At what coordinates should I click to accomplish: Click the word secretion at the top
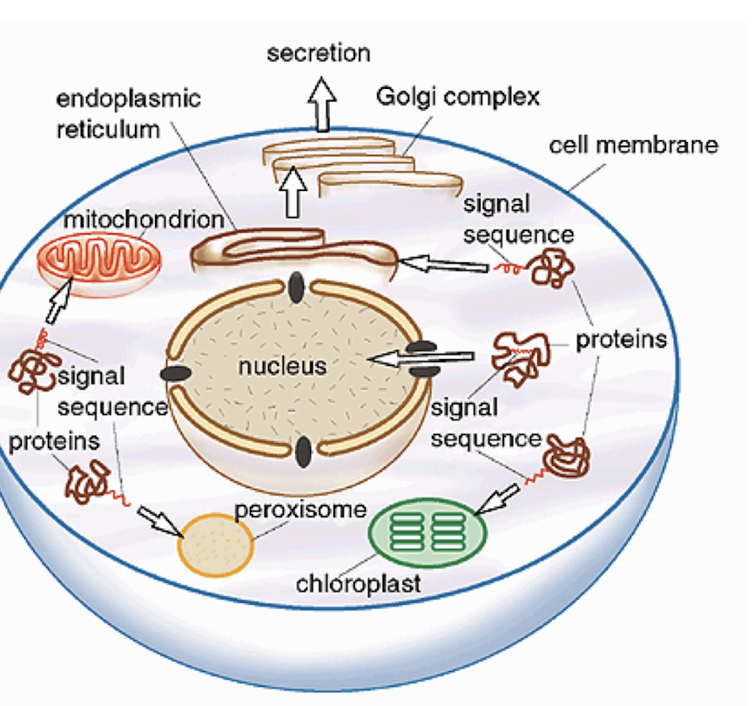click(318, 53)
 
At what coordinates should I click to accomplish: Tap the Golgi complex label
click(457, 96)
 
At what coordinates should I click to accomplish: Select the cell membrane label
click(633, 144)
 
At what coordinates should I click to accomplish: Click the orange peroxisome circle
click(215, 546)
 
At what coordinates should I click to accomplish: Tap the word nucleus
click(282, 366)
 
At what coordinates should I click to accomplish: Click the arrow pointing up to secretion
click(324, 103)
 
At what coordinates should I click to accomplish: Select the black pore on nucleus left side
click(176, 374)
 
